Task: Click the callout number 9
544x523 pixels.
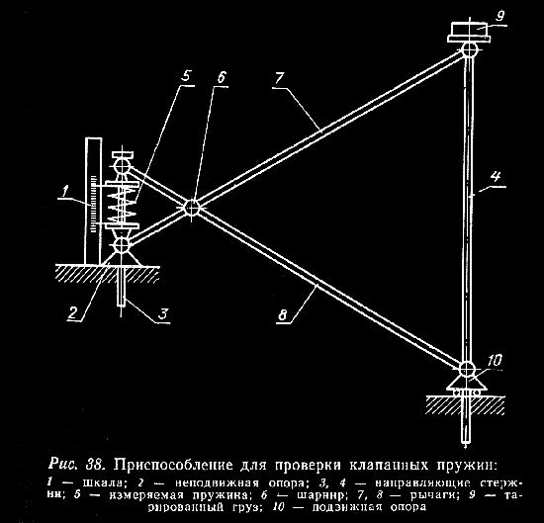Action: click(x=499, y=15)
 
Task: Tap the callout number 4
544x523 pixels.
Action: click(x=496, y=177)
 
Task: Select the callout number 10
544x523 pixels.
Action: click(x=494, y=361)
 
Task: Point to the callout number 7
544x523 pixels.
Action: click(x=279, y=79)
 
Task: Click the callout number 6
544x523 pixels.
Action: click(x=221, y=77)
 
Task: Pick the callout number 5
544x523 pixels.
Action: click(x=187, y=76)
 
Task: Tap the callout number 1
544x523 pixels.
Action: click(x=65, y=191)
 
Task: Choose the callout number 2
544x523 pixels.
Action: click(x=73, y=312)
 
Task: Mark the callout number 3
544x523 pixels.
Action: click(x=163, y=314)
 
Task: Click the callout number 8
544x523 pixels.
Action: click(x=283, y=315)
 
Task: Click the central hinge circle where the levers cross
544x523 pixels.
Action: click(x=191, y=208)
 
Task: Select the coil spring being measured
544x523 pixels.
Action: click(x=121, y=204)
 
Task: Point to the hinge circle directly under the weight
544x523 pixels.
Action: click(x=470, y=50)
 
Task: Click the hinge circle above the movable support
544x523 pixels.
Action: click(x=467, y=369)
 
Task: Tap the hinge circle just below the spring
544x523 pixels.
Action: click(x=122, y=245)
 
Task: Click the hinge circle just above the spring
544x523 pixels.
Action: click(x=122, y=166)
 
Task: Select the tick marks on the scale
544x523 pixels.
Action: click(x=93, y=204)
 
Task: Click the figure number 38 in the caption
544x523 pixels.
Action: click(x=94, y=465)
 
